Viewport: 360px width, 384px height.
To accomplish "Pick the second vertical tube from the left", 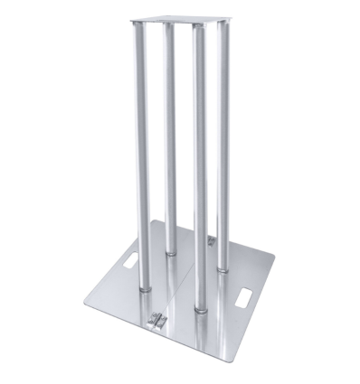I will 170,136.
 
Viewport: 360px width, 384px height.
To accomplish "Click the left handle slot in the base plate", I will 124,261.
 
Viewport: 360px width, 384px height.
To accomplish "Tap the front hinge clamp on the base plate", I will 160,319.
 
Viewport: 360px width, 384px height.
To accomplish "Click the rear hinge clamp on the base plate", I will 212,241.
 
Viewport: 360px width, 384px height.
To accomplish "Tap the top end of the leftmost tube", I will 142,26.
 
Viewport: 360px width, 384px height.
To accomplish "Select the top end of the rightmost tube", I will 222,26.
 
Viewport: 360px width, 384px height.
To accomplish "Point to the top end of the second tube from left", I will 169,25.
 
